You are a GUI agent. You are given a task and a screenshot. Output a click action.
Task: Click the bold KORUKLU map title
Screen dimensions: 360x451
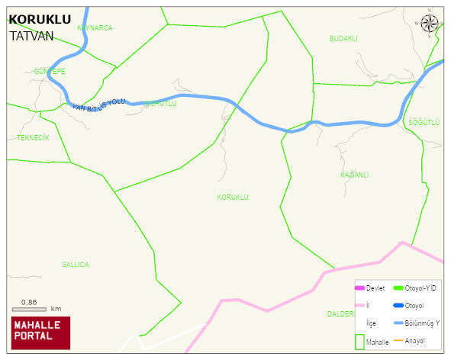[x=39, y=20]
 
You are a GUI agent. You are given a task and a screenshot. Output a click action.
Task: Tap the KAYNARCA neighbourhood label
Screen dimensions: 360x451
[x=95, y=27]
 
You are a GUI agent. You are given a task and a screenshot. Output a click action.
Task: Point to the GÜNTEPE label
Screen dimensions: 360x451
[x=50, y=71]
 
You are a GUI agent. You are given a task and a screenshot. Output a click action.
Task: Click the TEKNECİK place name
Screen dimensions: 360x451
[x=33, y=137]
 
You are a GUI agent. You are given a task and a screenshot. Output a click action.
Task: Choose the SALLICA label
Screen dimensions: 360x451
[x=76, y=265]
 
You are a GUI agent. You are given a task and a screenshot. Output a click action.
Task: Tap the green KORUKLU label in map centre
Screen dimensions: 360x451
[x=233, y=197]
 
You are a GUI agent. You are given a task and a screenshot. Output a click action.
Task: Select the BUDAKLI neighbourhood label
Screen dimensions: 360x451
[x=343, y=38]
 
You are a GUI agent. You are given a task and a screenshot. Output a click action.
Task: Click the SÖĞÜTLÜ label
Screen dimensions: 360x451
[x=424, y=122]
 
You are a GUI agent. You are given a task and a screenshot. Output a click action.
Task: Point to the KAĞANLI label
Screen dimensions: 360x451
[x=354, y=175]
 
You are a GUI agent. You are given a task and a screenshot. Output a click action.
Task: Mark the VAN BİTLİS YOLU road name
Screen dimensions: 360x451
[x=98, y=106]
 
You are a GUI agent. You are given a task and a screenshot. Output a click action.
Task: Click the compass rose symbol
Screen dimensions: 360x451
[x=430, y=25]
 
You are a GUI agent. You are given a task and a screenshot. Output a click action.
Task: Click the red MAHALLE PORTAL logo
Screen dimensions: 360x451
[x=40, y=332]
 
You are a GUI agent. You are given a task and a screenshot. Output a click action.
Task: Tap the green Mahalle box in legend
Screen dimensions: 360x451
[x=360, y=341]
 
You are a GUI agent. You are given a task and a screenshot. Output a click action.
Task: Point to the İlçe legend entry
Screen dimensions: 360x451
[x=371, y=323]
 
